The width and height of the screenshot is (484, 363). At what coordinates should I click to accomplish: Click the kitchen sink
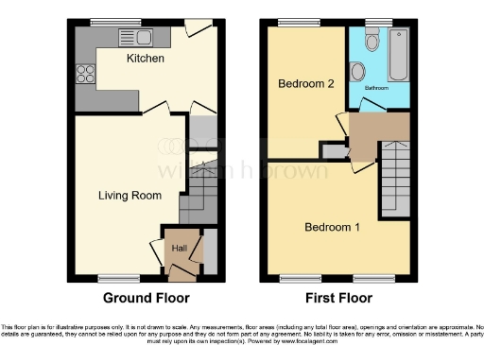135,38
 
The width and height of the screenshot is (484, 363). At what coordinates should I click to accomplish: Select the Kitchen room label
147,59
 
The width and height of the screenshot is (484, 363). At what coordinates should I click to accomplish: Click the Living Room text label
130,196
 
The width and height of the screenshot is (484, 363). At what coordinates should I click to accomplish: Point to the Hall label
179,248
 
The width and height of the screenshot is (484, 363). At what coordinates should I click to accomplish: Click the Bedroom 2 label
306,84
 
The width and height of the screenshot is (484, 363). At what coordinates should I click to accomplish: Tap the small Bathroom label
377,88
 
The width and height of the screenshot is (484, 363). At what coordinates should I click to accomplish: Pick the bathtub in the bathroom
398,57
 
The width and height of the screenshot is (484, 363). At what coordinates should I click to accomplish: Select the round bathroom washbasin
358,73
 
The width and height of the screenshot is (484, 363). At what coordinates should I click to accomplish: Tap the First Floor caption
337,298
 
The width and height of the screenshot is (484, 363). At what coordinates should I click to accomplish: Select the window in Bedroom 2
287,22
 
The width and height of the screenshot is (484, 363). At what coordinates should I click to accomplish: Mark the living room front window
118,277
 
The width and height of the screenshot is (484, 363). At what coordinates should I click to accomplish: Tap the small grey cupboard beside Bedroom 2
332,149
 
